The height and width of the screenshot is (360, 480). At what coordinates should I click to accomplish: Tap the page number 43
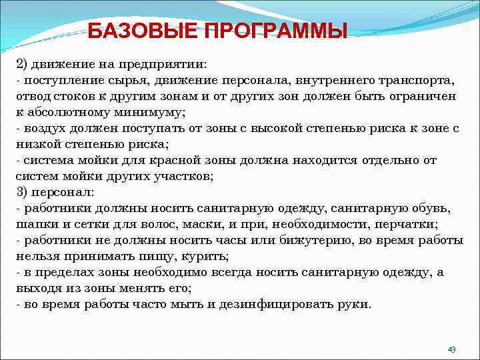click(451, 349)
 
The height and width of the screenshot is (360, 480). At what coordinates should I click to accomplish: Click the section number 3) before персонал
click(23, 192)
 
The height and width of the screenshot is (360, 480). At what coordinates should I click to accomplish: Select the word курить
click(208, 256)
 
